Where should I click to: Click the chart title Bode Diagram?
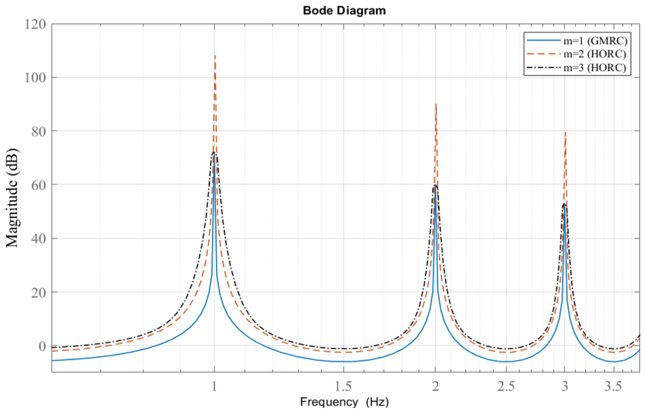[x=344, y=11]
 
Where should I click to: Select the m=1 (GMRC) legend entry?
[x=595, y=40]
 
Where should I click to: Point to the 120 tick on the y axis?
[x=35, y=24]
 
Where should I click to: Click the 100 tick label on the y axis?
[x=35, y=78]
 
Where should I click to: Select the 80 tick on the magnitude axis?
[x=38, y=132]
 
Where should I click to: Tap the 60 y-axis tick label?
[x=38, y=185]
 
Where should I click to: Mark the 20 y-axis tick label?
[x=38, y=292]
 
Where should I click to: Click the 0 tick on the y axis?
[x=42, y=346]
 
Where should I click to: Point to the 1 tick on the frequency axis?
[x=214, y=386]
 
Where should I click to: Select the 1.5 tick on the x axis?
[x=343, y=386]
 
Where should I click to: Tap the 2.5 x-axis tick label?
[x=506, y=386]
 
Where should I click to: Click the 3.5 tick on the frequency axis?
[x=614, y=386]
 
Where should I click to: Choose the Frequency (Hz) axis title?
[x=344, y=402]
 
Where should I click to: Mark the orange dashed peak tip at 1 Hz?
[x=215, y=56]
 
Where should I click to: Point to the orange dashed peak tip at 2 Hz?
[x=436, y=104]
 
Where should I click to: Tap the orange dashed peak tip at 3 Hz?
[x=565, y=132]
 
